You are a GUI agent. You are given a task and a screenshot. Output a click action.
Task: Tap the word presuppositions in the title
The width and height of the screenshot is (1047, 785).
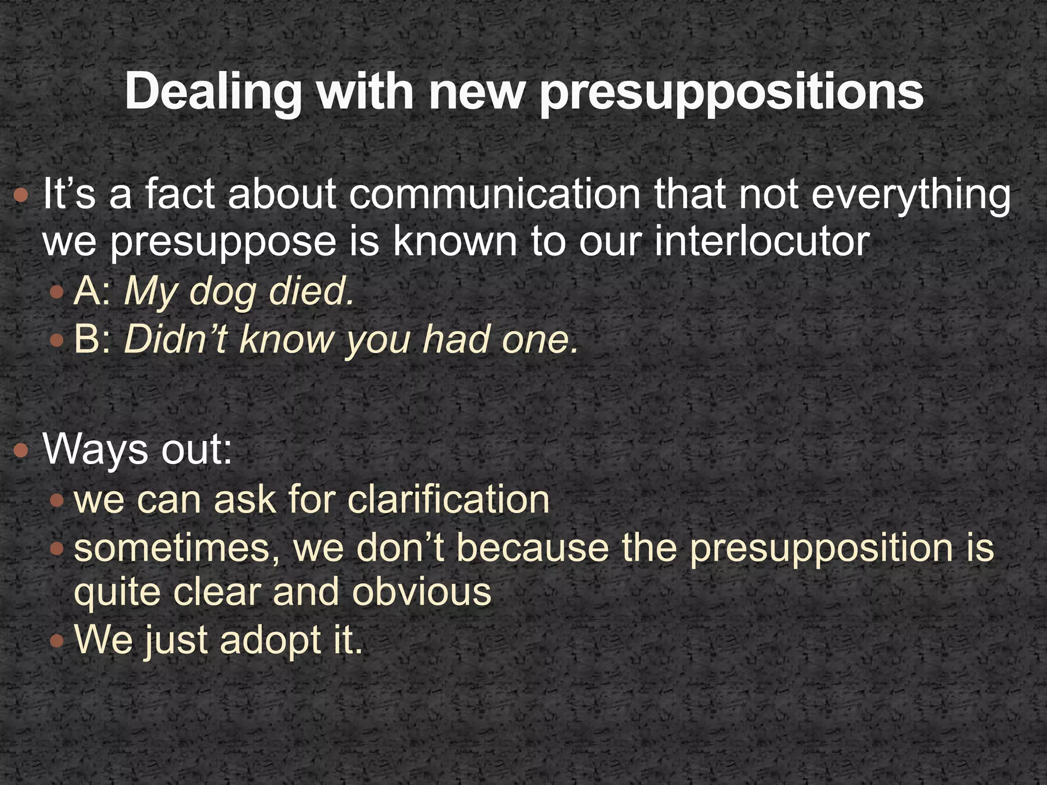731,93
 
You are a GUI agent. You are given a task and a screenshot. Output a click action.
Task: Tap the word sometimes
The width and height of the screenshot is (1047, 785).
178,547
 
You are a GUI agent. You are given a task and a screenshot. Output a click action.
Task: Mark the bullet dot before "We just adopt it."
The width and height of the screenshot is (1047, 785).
58,640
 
